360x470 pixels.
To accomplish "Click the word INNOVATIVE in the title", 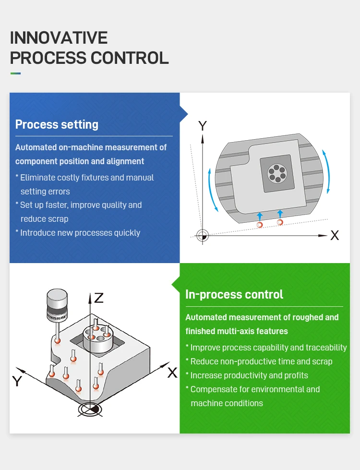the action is click(x=59, y=38).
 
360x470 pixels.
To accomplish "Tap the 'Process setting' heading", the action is click(x=57, y=124).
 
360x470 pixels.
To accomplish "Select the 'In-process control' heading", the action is click(x=234, y=294).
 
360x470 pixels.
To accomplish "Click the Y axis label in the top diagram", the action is click(x=203, y=126).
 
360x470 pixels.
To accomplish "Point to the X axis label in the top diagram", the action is click(x=335, y=236).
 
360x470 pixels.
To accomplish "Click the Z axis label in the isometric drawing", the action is click(x=98, y=298).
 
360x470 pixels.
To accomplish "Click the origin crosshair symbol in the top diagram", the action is click(x=203, y=235).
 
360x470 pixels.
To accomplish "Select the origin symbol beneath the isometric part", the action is click(x=90, y=409).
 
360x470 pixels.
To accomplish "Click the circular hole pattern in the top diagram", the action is click(x=276, y=173).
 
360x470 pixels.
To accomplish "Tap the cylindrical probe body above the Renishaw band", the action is click(x=57, y=298).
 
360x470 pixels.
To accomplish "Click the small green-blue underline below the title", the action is click(x=15, y=73).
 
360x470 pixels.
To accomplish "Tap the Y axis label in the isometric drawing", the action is click(x=17, y=381).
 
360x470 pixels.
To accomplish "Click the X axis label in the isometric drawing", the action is click(x=172, y=373).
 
